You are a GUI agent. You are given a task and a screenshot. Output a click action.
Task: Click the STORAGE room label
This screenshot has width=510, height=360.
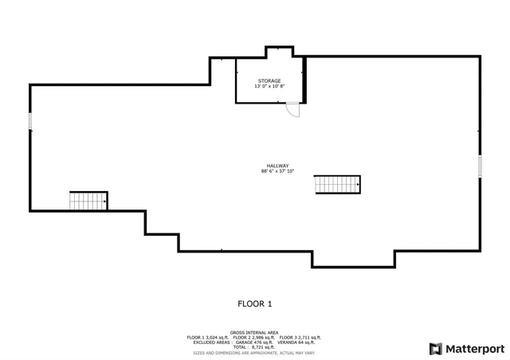point(269,81)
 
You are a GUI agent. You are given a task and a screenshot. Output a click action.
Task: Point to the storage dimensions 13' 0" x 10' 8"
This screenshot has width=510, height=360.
point(269,86)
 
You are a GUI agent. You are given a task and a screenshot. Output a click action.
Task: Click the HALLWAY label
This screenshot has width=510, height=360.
point(277,166)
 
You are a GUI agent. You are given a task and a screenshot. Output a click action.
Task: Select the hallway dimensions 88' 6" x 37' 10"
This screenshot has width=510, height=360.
point(277,170)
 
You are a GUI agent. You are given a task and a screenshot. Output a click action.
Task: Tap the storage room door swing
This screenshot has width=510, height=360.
point(294,110)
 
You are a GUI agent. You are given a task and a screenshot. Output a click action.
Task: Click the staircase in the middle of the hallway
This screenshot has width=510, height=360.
point(337,184)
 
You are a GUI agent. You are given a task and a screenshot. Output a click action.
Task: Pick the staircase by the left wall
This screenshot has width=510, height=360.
point(88,201)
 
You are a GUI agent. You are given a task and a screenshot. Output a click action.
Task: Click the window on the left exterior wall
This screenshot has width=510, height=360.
point(30,120)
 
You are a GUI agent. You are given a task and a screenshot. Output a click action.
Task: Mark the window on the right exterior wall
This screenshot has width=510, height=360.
point(481,166)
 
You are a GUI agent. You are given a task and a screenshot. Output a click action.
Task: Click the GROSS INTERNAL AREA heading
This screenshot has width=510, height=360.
point(253,332)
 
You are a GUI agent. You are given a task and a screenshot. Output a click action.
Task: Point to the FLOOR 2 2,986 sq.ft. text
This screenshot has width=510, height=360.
point(253,337)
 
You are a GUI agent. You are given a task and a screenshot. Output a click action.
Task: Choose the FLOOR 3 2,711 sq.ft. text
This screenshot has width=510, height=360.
point(300,337)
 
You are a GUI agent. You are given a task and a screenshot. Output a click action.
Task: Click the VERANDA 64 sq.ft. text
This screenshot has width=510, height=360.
point(299,342)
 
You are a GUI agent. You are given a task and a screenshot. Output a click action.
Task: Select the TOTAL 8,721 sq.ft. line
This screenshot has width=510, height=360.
point(253,346)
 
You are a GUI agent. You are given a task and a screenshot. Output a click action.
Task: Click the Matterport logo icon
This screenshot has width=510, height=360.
point(434,348)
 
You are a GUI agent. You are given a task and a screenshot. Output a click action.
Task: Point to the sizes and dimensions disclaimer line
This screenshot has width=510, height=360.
point(253,351)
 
